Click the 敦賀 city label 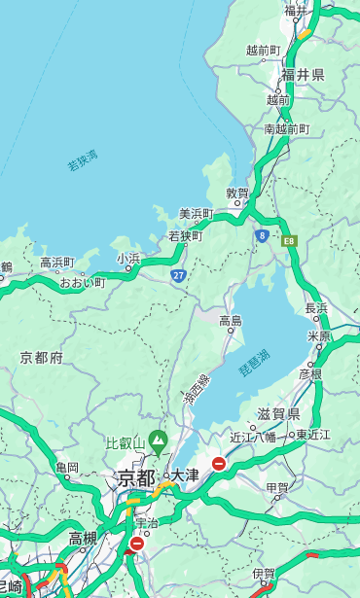click(x=238, y=193)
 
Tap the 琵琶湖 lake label click(x=255, y=364)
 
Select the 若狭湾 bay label click(x=83, y=160)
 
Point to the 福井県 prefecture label click(x=305, y=74)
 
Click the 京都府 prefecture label click(x=41, y=358)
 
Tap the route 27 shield click(x=179, y=275)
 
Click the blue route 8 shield click(x=262, y=235)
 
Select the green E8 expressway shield click(x=288, y=239)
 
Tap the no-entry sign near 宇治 click(x=137, y=544)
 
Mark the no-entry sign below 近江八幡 click(x=219, y=464)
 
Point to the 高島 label click(x=231, y=320)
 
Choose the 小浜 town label click(x=128, y=258)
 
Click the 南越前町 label click(x=286, y=128)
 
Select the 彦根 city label click(x=309, y=372)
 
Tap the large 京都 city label click(x=135, y=477)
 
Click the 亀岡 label click(x=67, y=468)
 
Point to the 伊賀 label click(x=264, y=574)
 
